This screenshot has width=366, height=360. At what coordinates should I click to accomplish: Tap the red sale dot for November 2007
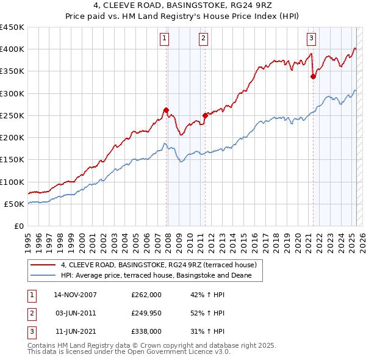click(x=166, y=110)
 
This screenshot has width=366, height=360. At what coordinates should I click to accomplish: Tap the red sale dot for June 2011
click(x=205, y=115)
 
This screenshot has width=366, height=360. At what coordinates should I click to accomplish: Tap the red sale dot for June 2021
click(x=313, y=76)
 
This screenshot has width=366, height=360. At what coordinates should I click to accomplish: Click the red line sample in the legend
click(x=43, y=265)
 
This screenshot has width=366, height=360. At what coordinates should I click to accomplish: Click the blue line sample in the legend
click(x=43, y=276)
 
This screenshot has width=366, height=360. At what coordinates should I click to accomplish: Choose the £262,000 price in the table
click(x=146, y=295)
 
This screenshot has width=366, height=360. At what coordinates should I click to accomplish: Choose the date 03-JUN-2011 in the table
click(x=75, y=313)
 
